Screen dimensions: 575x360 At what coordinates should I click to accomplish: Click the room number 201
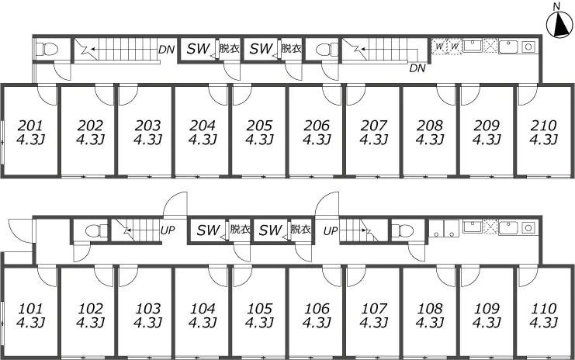coord(30,126)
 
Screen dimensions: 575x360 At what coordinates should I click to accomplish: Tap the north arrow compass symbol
coord(559,25)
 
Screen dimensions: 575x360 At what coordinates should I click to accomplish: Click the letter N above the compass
coord(557,6)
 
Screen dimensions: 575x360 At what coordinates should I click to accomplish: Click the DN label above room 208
coord(417,68)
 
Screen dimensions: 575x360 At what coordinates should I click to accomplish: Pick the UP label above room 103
coord(168,230)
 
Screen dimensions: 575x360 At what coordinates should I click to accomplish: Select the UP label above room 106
coord(331,231)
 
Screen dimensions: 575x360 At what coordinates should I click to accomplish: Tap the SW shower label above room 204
coord(199,48)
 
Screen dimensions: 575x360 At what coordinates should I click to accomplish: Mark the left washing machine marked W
coord(439,47)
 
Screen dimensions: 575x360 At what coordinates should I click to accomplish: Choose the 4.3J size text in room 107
coord(374,323)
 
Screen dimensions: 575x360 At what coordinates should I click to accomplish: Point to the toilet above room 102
coord(95,231)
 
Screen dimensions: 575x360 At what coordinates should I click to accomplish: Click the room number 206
coord(317,126)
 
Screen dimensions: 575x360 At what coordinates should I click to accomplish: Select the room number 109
coord(487,309)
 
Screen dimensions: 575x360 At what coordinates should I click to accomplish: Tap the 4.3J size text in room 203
coord(147,140)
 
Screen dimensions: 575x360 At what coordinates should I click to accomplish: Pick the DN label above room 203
coord(167,50)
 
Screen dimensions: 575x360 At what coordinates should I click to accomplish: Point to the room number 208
coord(430,126)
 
